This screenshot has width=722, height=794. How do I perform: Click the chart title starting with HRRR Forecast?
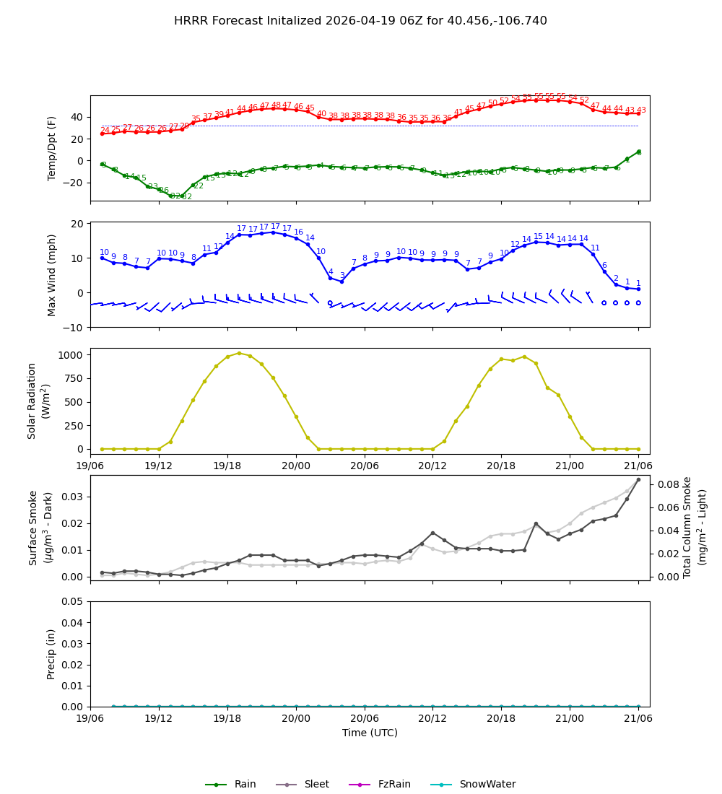pos(360,21)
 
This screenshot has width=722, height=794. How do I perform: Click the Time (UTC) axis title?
pos(370,733)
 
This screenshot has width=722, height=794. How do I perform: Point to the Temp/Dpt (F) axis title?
pos(52,148)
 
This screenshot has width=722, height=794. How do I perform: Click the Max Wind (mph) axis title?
pos(52,274)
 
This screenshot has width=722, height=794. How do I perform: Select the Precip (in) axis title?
pos(52,654)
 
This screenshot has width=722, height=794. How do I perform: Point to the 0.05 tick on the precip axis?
pos(72,601)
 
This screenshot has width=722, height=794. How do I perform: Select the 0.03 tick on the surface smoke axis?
pos(72,497)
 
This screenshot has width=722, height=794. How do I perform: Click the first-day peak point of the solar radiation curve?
pos(239,353)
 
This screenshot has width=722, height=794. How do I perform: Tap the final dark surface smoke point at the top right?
pos(638,479)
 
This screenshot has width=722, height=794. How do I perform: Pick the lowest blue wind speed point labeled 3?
pos(342,282)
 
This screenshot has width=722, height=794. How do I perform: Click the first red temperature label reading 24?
pos(105,131)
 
